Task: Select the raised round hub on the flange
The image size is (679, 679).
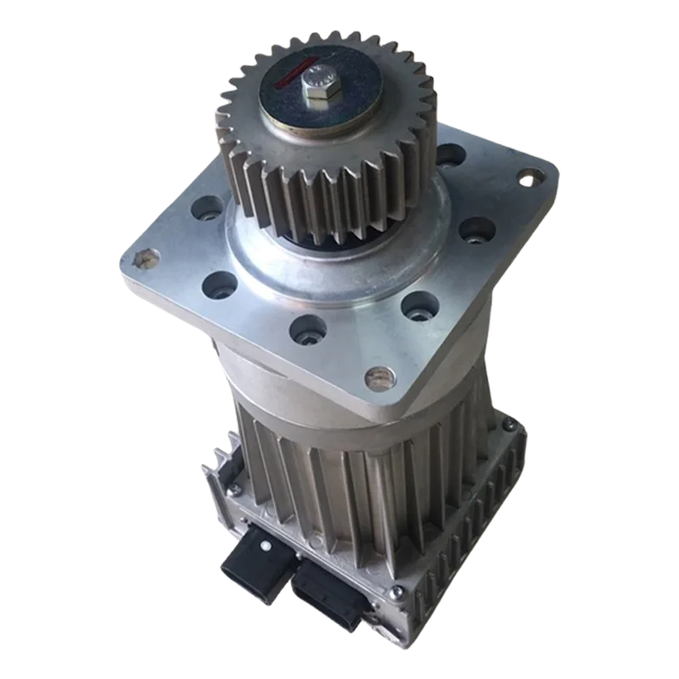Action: click(x=356, y=263)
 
